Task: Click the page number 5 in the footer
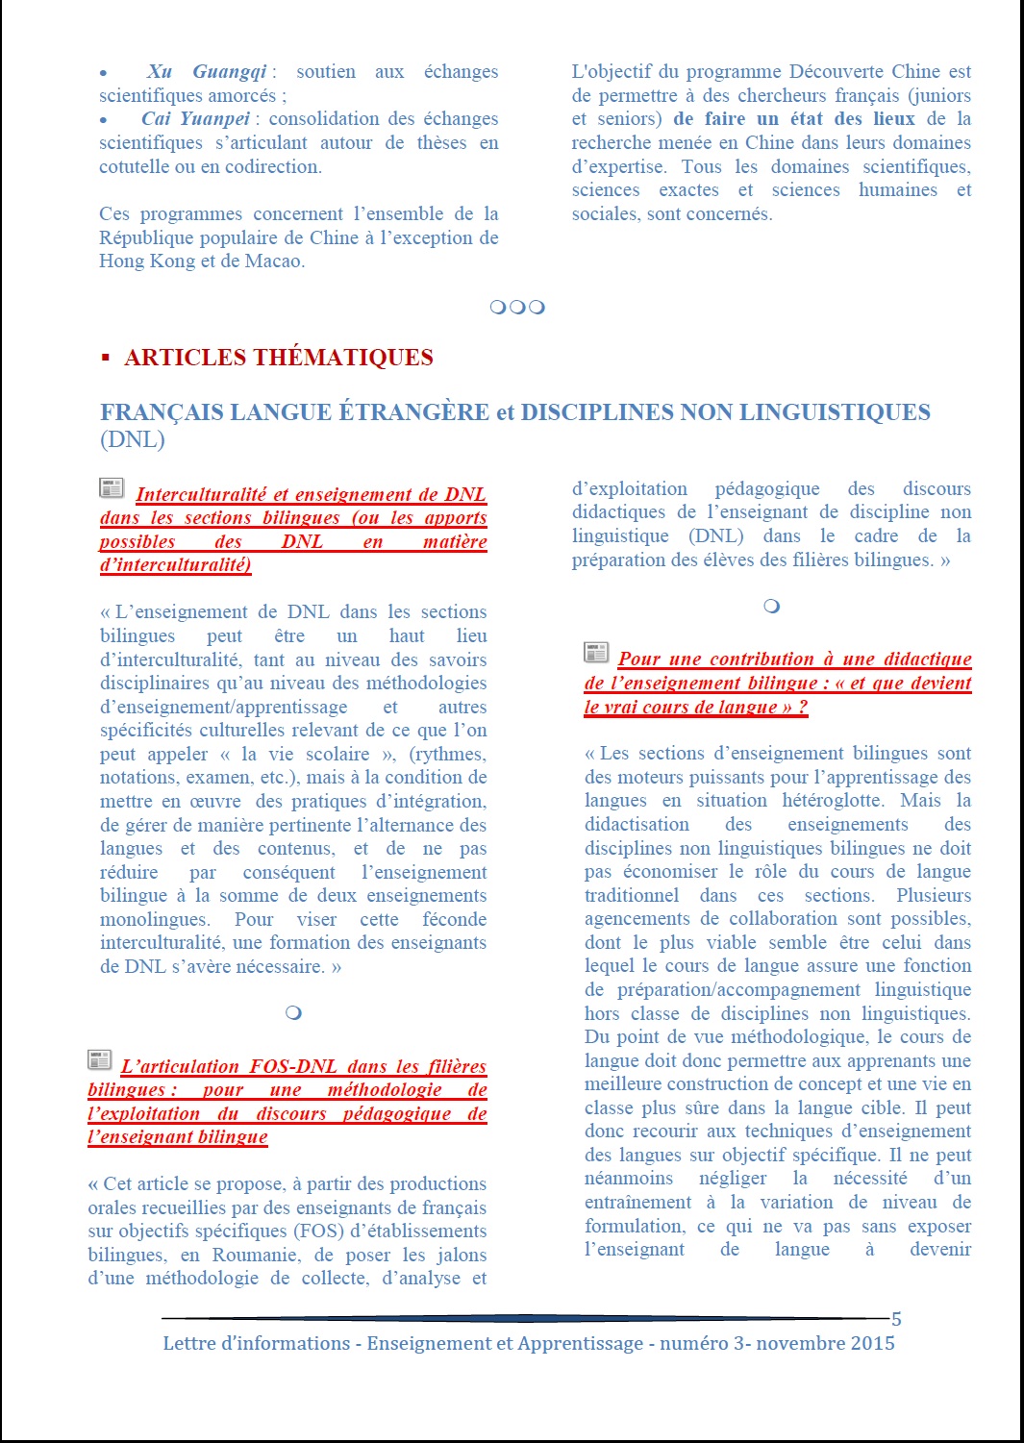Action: pyautogui.click(x=896, y=1319)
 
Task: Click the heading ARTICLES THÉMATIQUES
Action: pyautogui.click(x=278, y=358)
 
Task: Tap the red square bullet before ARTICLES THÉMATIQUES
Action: pyautogui.click(x=106, y=358)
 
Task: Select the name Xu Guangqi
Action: pyautogui.click(x=207, y=72)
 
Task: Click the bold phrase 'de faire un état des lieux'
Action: pyautogui.click(x=793, y=119)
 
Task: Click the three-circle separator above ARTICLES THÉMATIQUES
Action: pyautogui.click(x=517, y=308)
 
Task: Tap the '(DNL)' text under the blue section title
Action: pyautogui.click(x=132, y=439)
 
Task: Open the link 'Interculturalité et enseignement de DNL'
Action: pyautogui.click(x=311, y=494)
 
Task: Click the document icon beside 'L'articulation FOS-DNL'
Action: pyautogui.click(x=99, y=1060)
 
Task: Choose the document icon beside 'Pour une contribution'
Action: pyautogui.click(x=596, y=653)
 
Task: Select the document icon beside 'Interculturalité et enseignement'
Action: pyautogui.click(x=112, y=488)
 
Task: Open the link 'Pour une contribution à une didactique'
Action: pyautogui.click(x=794, y=659)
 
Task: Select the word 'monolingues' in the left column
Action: pyautogui.click(x=154, y=920)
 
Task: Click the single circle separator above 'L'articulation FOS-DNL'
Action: pyautogui.click(x=293, y=1012)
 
